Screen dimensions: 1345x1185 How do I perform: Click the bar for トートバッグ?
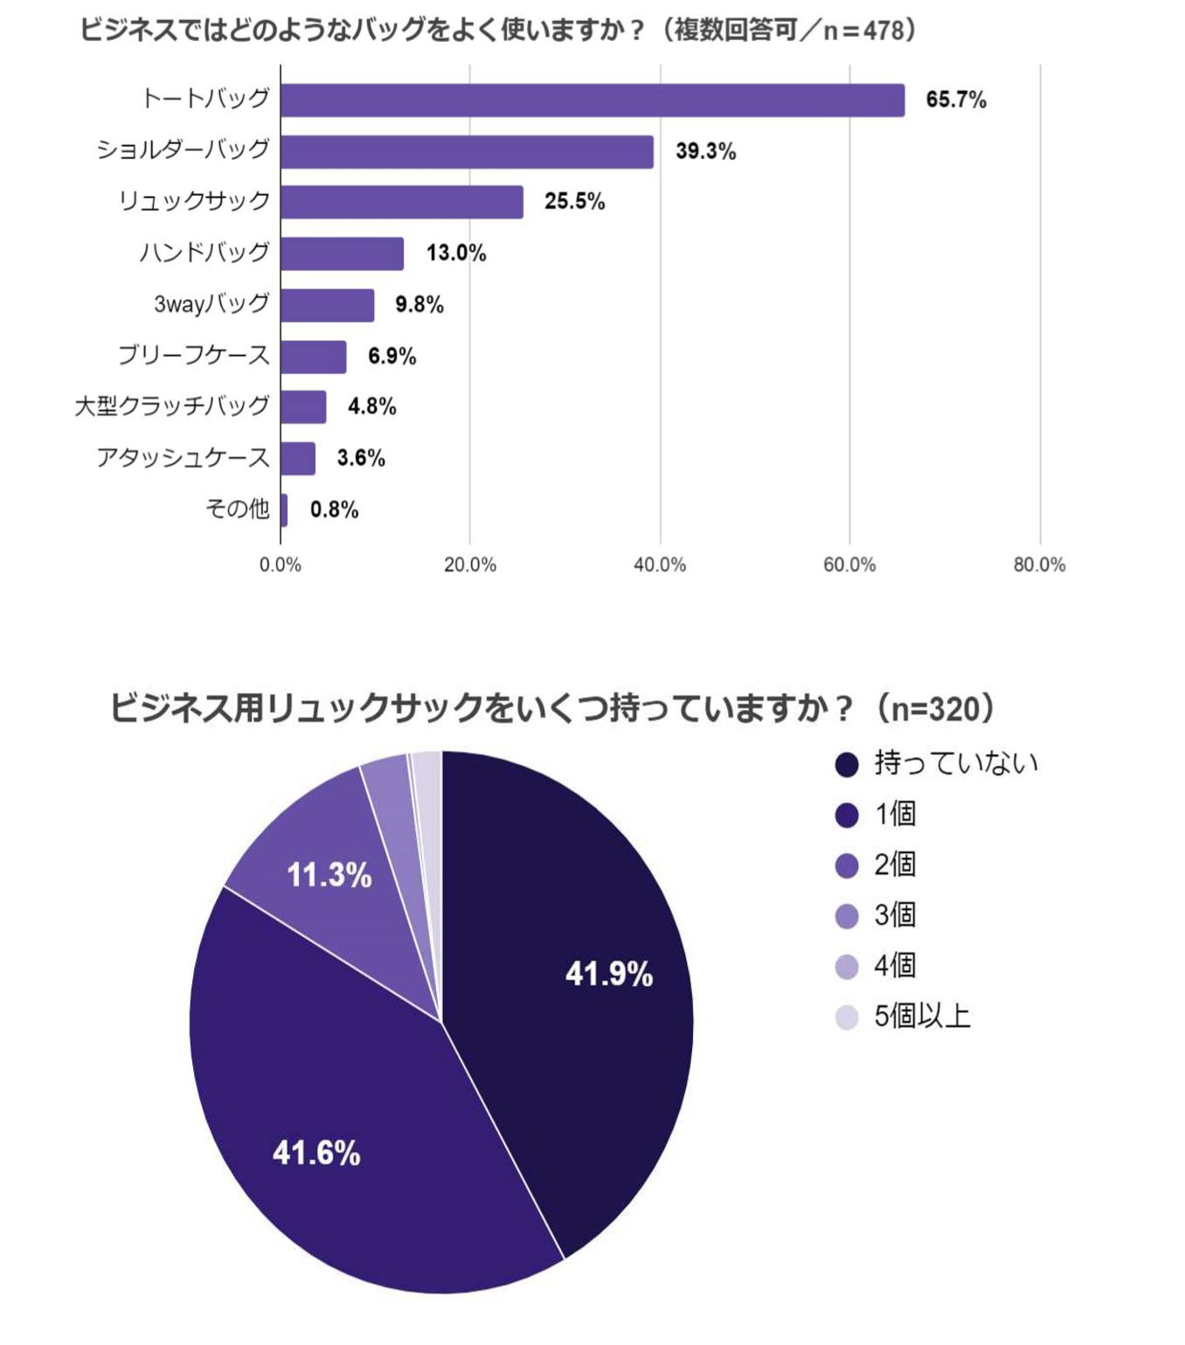592,101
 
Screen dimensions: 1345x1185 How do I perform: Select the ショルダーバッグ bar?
467,151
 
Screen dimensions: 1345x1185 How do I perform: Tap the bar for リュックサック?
401,202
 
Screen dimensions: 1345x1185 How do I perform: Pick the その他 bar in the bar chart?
284,510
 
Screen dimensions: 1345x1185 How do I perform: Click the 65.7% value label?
955,101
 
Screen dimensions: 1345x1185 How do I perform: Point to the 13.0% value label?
455,253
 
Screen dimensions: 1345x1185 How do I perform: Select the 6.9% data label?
392,356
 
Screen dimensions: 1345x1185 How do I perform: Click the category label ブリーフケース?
194,355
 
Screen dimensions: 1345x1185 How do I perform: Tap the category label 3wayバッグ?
211,304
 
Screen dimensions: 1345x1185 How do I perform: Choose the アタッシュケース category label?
183,457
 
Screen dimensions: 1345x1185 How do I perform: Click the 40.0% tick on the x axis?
660,565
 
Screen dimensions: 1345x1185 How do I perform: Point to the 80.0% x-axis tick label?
1039,565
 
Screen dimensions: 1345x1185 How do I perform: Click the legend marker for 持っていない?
847,765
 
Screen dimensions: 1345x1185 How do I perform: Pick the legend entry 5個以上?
922,1016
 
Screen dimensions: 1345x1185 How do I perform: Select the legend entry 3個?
895,915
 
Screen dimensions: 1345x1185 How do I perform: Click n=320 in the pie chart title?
934,708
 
